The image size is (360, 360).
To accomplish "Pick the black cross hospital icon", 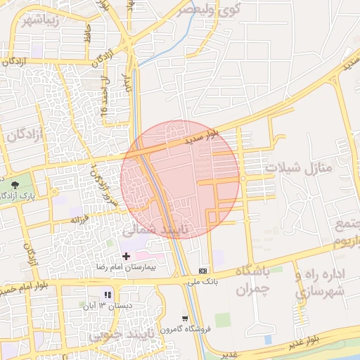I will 127,257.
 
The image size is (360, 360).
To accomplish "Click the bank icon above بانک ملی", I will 203,271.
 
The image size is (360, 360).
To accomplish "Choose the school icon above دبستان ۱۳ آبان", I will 108,296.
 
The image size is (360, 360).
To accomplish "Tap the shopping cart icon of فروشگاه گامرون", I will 184,318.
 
